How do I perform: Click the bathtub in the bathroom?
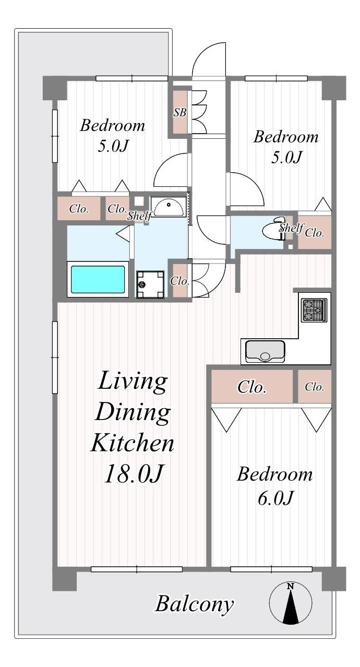click(x=98, y=279)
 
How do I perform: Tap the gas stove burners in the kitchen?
click(x=314, y=310)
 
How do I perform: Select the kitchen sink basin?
click(x=265, y=351)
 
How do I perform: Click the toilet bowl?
click(x=272, y=229)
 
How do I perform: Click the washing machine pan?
click(x=150, y=284)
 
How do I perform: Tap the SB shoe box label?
click(x=180, y=113)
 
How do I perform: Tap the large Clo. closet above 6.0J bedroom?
click(x=252, y=387)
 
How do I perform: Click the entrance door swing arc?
click(x=209, y=59)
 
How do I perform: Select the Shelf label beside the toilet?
click(x=292, y=228)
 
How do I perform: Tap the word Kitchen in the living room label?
click(x=132, y=443)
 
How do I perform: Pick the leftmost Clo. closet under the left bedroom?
click(x=79, y=208)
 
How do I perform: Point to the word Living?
click(x=132, y=381)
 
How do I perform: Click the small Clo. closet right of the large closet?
click(x=315, y=387)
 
